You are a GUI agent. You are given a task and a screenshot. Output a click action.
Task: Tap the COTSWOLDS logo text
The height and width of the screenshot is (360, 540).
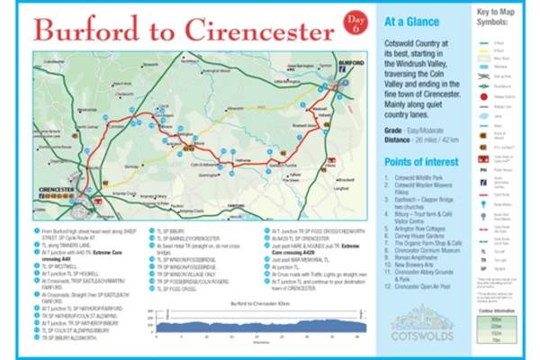point(419,340)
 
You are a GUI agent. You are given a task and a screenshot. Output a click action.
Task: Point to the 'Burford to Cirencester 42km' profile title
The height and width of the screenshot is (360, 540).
point(241,302)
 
